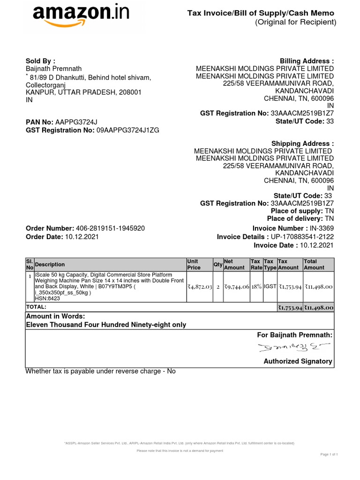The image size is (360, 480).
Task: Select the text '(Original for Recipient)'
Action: click(x=295, y=22)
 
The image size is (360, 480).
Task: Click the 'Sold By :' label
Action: click(x=40, y=61)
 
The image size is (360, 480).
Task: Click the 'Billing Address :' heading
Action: click(x=307, y=61)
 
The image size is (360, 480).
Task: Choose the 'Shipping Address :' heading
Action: click(x=302, y=143)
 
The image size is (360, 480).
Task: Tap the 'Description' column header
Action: click(x=50, y=264)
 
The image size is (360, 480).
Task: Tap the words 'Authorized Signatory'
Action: click(x=298, y=361)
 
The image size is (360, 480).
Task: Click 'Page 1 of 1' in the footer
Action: click(x=329, y=454)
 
